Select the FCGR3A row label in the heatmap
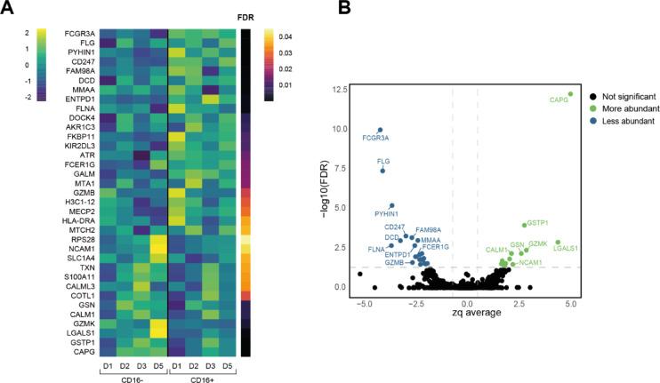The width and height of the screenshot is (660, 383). tap(81, 33)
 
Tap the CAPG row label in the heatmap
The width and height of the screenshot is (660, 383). tap(86, 353)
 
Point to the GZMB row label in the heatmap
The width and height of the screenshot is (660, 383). tap(85, 192)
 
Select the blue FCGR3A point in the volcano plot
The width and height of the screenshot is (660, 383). tap(380, 130)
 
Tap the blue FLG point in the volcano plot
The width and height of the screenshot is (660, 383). tap(382, 171)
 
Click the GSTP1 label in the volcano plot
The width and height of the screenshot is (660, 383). tap(536, 223)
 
